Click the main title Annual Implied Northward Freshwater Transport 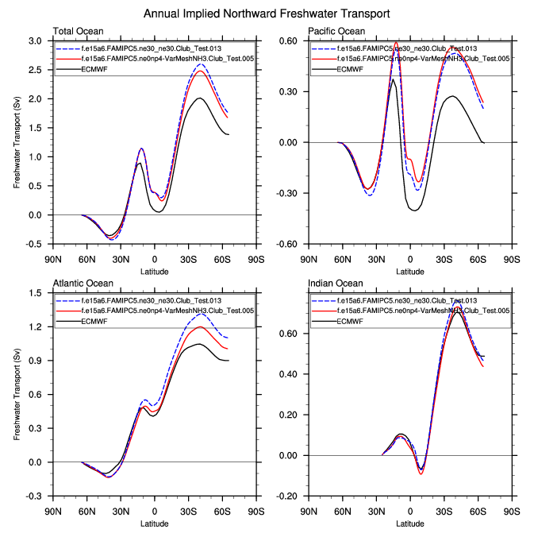pos(267,14)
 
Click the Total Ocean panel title pos(77,31)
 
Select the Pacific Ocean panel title pos(336,31)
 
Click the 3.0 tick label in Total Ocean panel pos(35,41)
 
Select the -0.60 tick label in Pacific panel pos(287,244)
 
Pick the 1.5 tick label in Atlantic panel pos(35,293)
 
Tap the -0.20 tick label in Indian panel pos(287,496)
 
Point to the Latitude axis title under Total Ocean pos(154,272)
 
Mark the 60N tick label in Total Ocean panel pos(87,259)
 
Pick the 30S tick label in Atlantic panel pos(188,512)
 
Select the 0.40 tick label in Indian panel pos(290,374)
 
